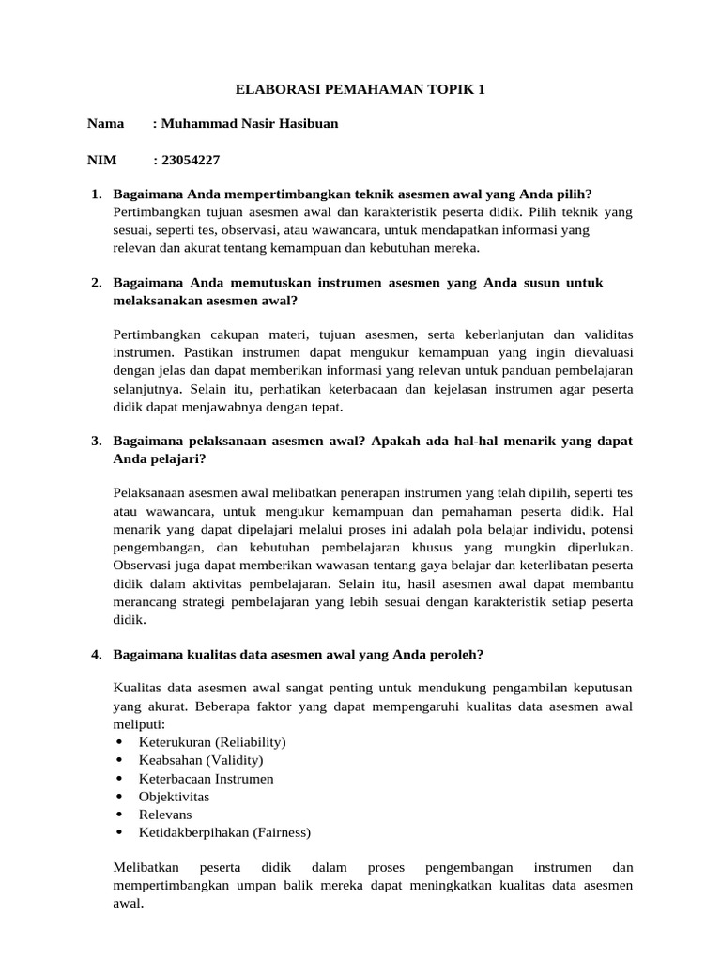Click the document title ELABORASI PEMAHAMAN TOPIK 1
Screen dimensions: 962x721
[360, 90]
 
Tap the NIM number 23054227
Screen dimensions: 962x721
[192, 160]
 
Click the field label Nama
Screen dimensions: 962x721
[105, 124]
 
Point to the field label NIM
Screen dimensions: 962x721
[101, 160]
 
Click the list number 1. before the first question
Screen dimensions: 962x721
[97, 194]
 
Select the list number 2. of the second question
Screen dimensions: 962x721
[97, 283]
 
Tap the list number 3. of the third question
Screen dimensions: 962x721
[97, 441]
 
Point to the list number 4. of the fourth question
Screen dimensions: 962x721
[97, 655]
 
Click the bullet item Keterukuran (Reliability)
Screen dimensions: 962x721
[212, 742]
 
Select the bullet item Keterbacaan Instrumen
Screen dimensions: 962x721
[207, 779]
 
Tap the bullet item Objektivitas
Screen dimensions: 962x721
[174, 797]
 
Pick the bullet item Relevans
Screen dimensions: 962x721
[166, 815]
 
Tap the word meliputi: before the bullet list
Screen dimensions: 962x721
[138, 724]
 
